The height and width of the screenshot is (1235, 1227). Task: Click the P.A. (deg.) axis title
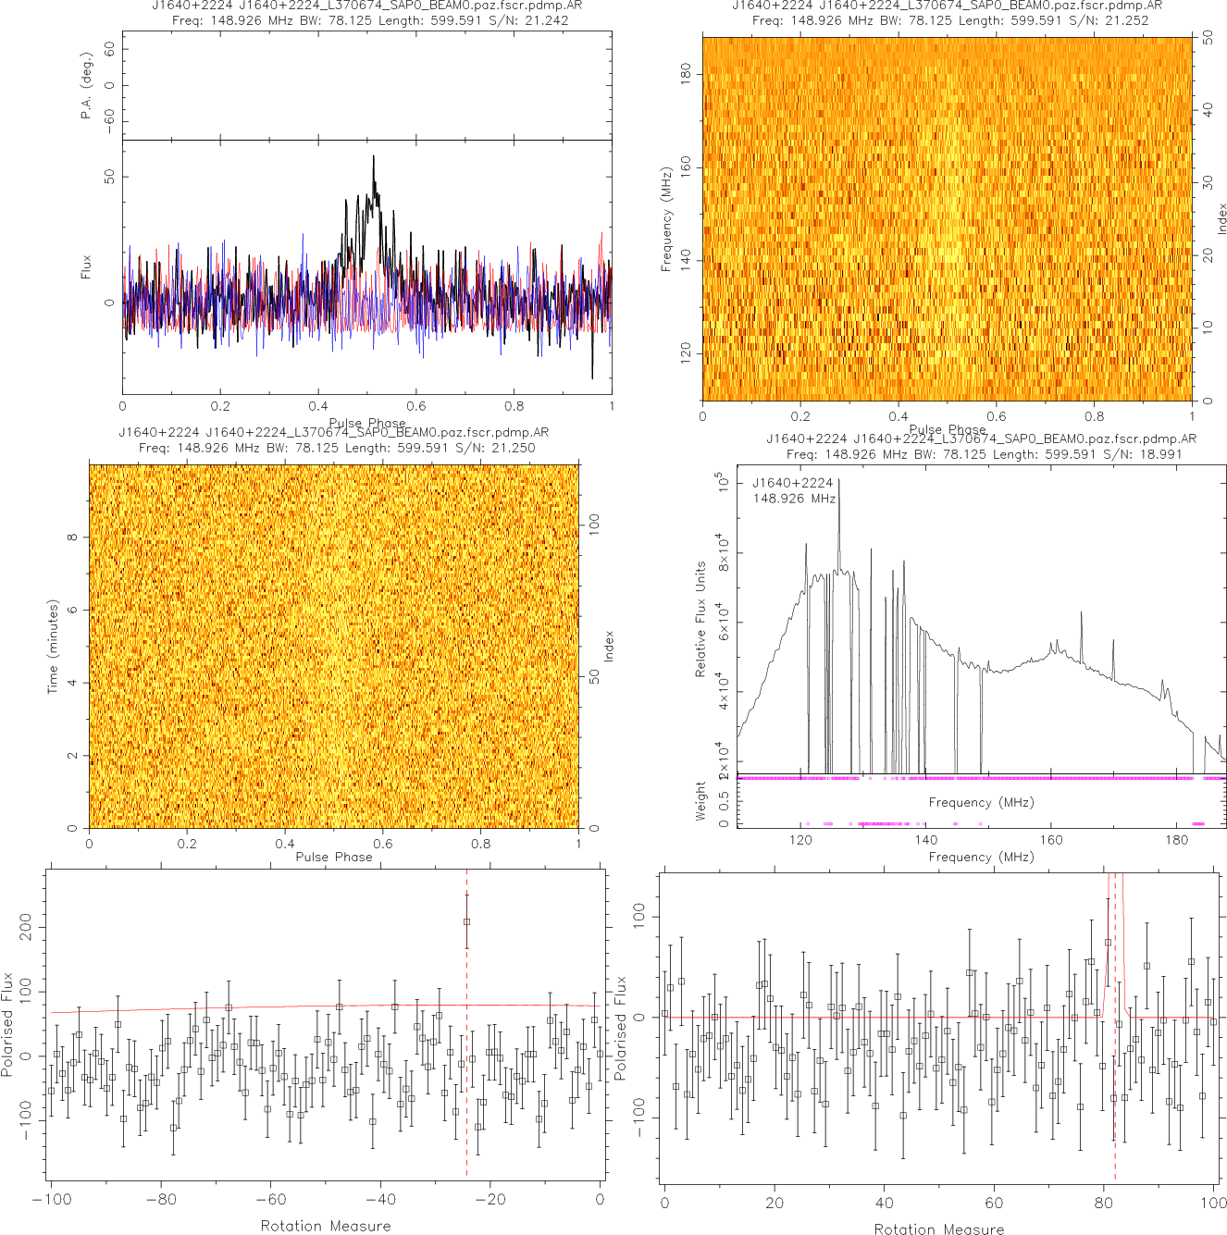[86, 85]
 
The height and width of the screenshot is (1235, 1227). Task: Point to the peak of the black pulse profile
[374, 156]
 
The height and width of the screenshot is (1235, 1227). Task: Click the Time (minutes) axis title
[53, 647]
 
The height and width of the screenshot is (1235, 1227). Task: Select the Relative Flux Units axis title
[700, 619]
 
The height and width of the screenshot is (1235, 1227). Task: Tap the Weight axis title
[700, 800]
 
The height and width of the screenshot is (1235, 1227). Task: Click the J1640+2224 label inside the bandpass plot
[792, 483]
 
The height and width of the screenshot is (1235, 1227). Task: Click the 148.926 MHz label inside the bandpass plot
[794, 499]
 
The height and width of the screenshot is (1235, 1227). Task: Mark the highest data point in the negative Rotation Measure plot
[466, 921]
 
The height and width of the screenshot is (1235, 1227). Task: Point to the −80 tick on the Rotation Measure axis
[161, 1200]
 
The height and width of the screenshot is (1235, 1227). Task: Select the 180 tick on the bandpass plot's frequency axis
[1177, 840]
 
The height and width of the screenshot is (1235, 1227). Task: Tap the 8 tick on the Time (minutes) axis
[72, 537]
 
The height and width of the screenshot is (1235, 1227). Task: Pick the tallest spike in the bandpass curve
[839, 481]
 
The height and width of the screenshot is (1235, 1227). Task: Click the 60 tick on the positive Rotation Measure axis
[994, 1203]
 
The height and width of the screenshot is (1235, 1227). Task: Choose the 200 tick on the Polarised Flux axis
[25, 927]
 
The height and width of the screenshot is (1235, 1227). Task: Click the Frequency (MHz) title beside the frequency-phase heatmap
[666, 219]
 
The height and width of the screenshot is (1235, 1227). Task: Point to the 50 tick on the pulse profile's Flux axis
[110, 176]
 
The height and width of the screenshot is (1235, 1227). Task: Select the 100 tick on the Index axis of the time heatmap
[594, 524]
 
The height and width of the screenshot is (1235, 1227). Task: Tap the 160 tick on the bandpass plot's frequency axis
[1051, 840]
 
